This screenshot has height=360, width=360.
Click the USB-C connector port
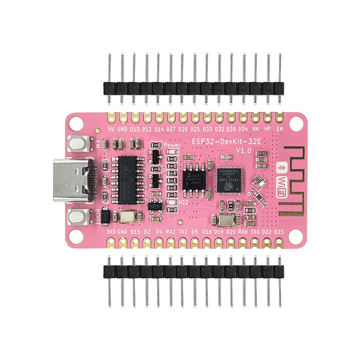pyautogui.click(x=72, y=180)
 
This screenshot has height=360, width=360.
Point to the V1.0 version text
pyautogui.click(x=244, y=150)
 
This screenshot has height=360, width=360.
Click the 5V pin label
pyautogui.click(x=111, y=129)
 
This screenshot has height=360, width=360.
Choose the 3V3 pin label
pyautogui.click(x=111, y=232)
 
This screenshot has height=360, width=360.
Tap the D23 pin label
pyautogui.click(x=279, y=232)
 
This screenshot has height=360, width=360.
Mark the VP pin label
pyautogui.click(x=268, y=129)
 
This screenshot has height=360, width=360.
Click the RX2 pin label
pyautogui.click(x=171, y=232)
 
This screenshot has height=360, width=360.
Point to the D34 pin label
pyautogui.click(x=243, y=129)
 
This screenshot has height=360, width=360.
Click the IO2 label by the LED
pyautogui.click(x=183, y=202)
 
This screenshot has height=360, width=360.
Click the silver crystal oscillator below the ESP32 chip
pyautogui.click(x=224, y=220)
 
